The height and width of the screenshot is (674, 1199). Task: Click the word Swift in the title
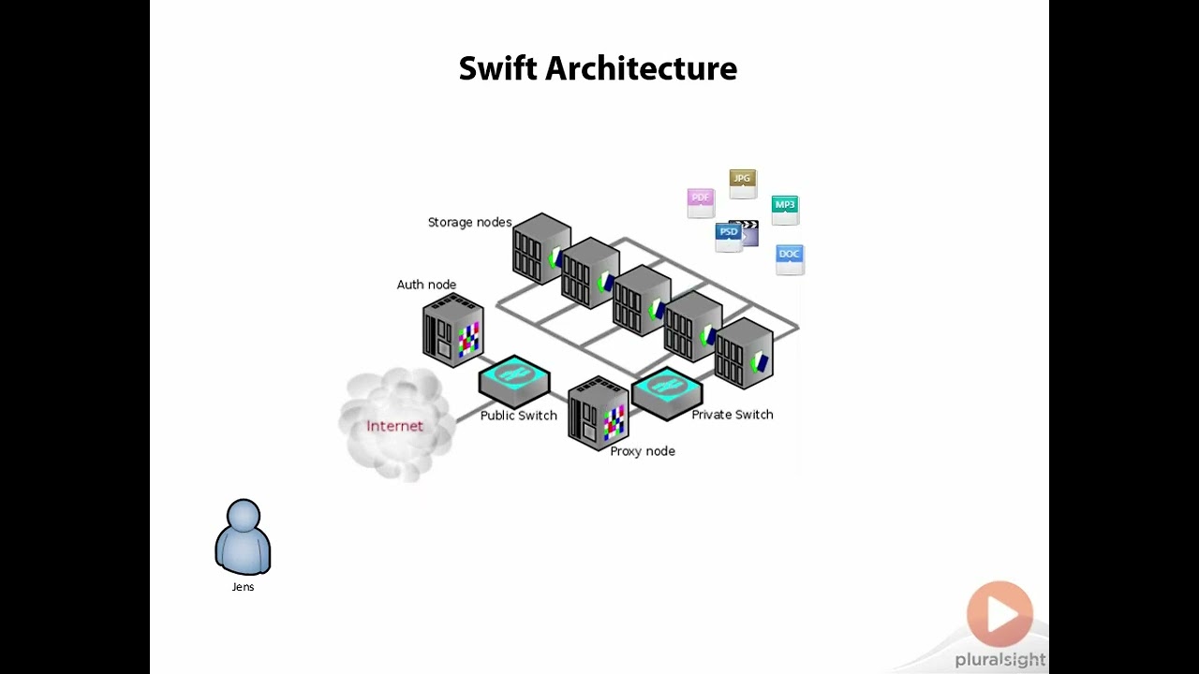497,68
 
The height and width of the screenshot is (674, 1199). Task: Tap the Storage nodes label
469,223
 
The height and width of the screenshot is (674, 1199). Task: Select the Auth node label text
426,285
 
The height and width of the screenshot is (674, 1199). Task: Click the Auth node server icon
453,330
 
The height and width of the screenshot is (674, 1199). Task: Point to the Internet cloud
396,426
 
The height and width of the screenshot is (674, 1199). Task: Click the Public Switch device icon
514,378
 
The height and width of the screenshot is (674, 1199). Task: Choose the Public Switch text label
518,416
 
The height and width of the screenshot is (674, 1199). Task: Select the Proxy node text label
643,451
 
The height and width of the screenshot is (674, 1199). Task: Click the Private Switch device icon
667,391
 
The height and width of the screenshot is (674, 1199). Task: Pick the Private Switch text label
732,415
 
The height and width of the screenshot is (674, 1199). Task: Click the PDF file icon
701,202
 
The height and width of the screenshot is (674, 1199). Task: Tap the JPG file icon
742,183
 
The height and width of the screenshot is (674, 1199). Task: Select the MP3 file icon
785,210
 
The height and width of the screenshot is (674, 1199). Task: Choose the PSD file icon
728,237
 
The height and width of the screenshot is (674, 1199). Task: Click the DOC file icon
790,259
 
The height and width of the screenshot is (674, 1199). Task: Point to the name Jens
243,587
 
